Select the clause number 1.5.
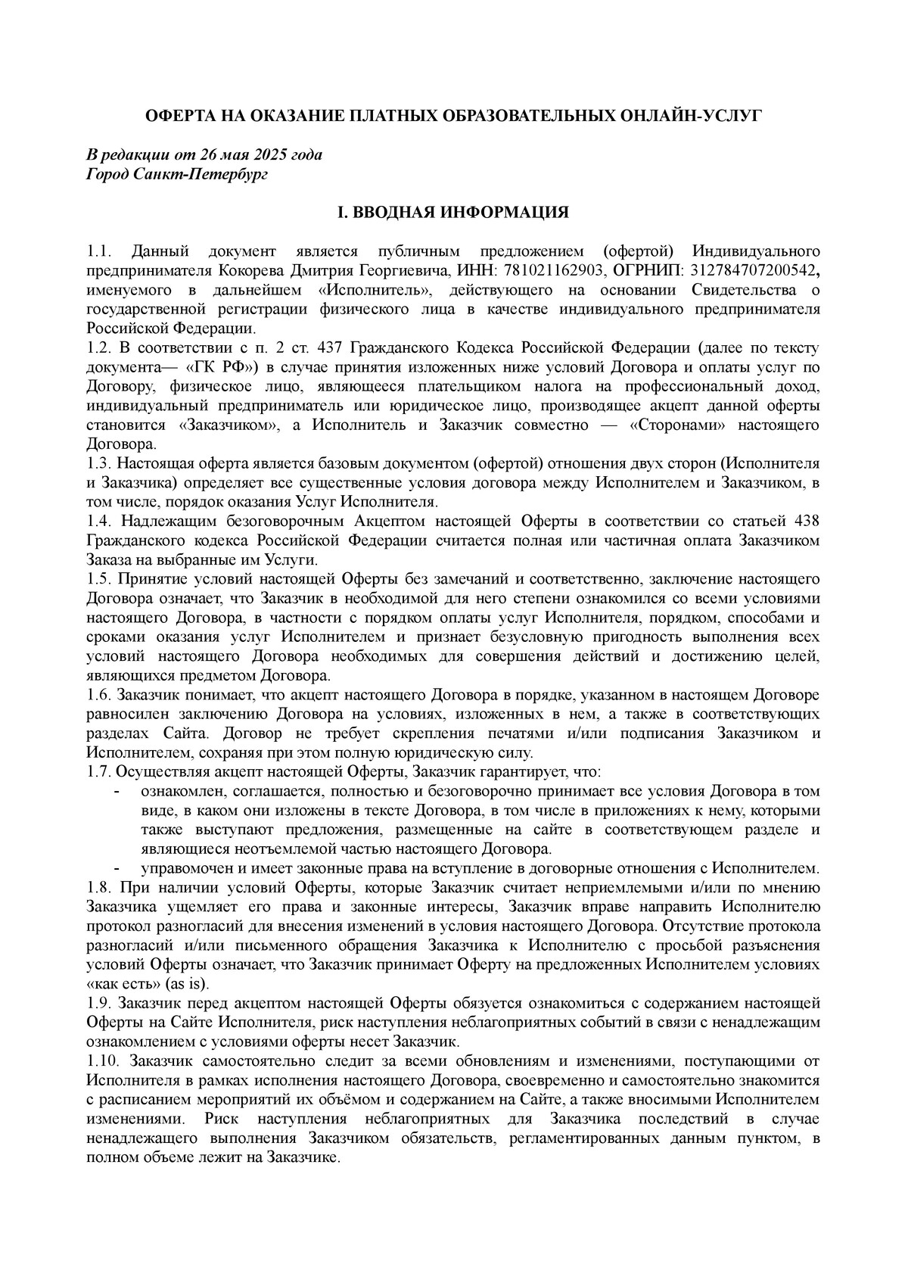click(x=98, y=579)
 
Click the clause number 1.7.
click(x=98, y=772)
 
